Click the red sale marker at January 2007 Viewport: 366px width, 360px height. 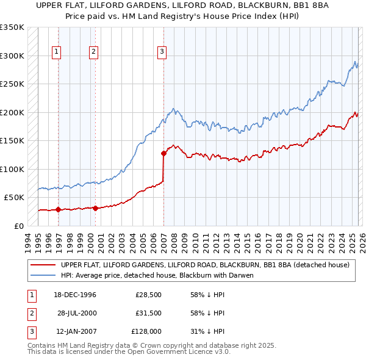(163, 153)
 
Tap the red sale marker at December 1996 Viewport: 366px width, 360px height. (58, 209)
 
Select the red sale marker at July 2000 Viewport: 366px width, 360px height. (96, 208)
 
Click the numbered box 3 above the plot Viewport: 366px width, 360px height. (162, 52)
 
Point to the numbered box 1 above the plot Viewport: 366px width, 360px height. (56, 52)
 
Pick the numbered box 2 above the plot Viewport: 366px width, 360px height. (94, 52)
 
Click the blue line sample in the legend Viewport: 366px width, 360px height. (44, 275)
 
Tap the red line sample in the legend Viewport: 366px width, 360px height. (44, 265)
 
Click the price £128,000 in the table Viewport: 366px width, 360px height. (147, 332)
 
